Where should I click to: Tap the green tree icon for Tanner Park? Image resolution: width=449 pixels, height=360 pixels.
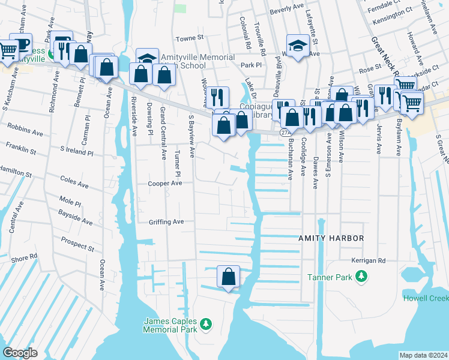tap(361, 276)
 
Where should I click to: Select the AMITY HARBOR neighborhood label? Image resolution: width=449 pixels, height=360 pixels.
tap(331, 238)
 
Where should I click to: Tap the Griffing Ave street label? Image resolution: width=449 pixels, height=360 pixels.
tap(166, 221)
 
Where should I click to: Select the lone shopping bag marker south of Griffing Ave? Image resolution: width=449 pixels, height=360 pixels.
tap(228, 277)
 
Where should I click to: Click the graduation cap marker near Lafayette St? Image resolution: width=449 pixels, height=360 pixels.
tap(297, 46)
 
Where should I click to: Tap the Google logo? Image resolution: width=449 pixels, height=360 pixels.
tap(20, 352)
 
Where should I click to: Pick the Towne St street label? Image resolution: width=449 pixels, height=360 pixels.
tap(186, 38)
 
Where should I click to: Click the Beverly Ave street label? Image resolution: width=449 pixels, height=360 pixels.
tap(287, 8)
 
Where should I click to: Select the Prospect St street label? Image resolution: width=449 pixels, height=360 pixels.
tap(77, 244)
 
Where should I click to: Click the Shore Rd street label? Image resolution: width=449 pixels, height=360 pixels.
tap(24, 258)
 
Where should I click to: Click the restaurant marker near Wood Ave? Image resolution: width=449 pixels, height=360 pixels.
tap(218, 97)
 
